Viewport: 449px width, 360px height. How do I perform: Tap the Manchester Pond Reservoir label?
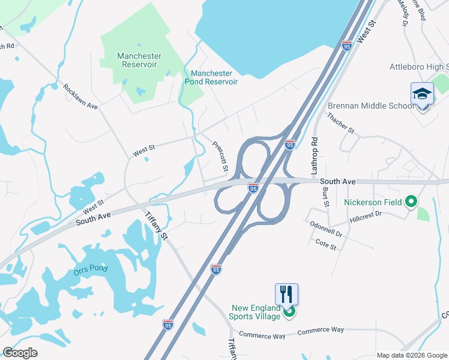214,77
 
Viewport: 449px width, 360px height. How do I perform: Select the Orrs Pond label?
91,268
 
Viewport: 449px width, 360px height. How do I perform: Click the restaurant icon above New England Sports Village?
287,294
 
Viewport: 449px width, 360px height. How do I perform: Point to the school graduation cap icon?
422,94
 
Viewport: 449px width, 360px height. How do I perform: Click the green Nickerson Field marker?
411,202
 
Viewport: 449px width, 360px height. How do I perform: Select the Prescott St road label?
220,155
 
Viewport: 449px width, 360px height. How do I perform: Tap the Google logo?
20,353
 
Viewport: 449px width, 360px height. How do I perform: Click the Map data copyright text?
412,355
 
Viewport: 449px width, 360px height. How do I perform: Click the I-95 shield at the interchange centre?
253,188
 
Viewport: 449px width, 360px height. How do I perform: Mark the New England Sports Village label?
256,312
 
